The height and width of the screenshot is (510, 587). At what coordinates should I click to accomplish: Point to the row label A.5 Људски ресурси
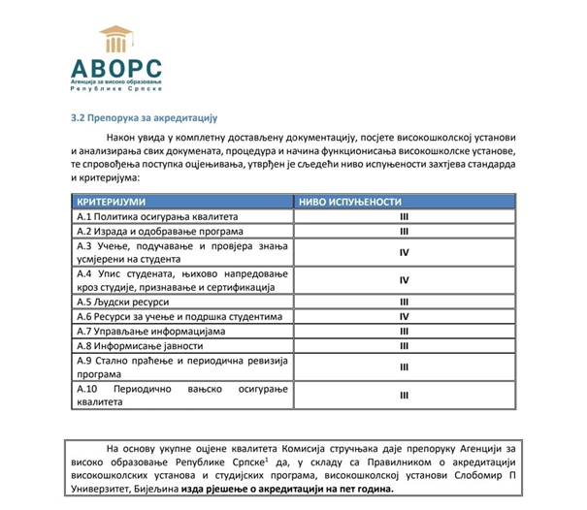[x=116, y=302]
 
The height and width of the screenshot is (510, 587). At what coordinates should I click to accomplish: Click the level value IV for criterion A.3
[x=405, y=253]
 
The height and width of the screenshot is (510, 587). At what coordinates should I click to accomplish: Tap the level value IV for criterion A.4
[x=405, y=281]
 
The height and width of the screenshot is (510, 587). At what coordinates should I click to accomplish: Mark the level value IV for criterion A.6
[x=405, y=316]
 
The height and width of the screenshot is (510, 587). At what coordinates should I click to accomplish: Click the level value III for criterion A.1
[x=405, y=216]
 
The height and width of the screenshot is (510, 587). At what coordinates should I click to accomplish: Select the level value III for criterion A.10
[x=405, y=396]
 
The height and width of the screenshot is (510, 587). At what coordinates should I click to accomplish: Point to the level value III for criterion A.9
[x=405, y=367]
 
